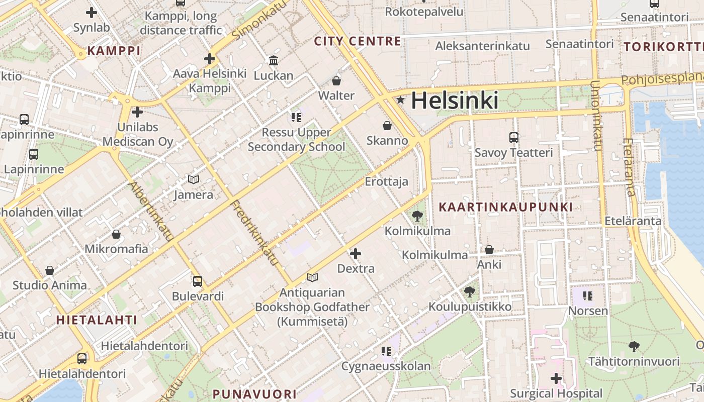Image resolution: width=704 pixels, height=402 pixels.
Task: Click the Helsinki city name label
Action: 455,100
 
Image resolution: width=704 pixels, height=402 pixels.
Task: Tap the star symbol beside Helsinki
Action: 400,100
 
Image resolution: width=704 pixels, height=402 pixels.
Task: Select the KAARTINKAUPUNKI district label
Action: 505,207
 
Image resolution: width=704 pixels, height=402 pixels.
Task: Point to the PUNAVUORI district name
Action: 254,394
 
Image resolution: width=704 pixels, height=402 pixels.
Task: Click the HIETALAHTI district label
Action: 97,320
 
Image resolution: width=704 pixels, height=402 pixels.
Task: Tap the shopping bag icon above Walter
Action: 336,80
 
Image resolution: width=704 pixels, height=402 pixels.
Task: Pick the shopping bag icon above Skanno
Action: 387,125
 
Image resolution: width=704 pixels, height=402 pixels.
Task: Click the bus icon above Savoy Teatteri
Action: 513,137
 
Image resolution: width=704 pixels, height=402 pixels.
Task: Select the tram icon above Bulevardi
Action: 198,281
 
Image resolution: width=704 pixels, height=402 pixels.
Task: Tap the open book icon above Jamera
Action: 194,179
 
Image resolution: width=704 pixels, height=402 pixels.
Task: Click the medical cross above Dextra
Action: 356,253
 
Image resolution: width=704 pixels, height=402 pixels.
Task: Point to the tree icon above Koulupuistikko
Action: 470,291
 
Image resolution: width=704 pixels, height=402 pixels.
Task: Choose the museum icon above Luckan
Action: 274,60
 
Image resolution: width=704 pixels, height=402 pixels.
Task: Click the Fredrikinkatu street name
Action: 254,233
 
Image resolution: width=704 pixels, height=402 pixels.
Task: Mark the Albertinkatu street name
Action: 151,212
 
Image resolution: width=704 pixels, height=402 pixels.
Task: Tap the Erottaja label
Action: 386,181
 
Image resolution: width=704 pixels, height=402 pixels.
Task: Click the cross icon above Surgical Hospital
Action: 556,378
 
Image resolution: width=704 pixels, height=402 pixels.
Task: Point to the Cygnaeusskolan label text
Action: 386,366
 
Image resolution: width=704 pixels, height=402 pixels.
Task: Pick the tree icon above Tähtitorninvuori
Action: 634,346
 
